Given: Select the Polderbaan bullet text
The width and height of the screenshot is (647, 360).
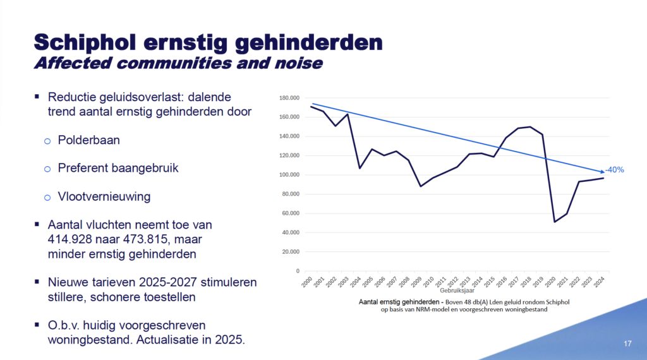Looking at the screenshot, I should [x=88, y=140].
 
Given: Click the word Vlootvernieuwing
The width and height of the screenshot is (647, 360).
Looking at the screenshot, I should [x=104, y=196].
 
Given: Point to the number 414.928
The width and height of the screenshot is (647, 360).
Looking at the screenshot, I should [x=75, y=239].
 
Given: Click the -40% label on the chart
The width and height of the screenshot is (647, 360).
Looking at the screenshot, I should [x=614, y=170].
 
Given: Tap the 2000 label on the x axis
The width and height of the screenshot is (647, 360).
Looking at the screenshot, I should [x=308, y=283].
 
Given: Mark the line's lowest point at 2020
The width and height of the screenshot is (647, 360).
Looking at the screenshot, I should [x=554, y=222].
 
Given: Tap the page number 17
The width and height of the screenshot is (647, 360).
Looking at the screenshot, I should [x=627, y=344].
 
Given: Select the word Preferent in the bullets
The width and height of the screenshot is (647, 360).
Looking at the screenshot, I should [x=82, y=168].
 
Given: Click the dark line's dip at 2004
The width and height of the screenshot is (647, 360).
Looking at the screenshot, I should [x=360, y=168].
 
